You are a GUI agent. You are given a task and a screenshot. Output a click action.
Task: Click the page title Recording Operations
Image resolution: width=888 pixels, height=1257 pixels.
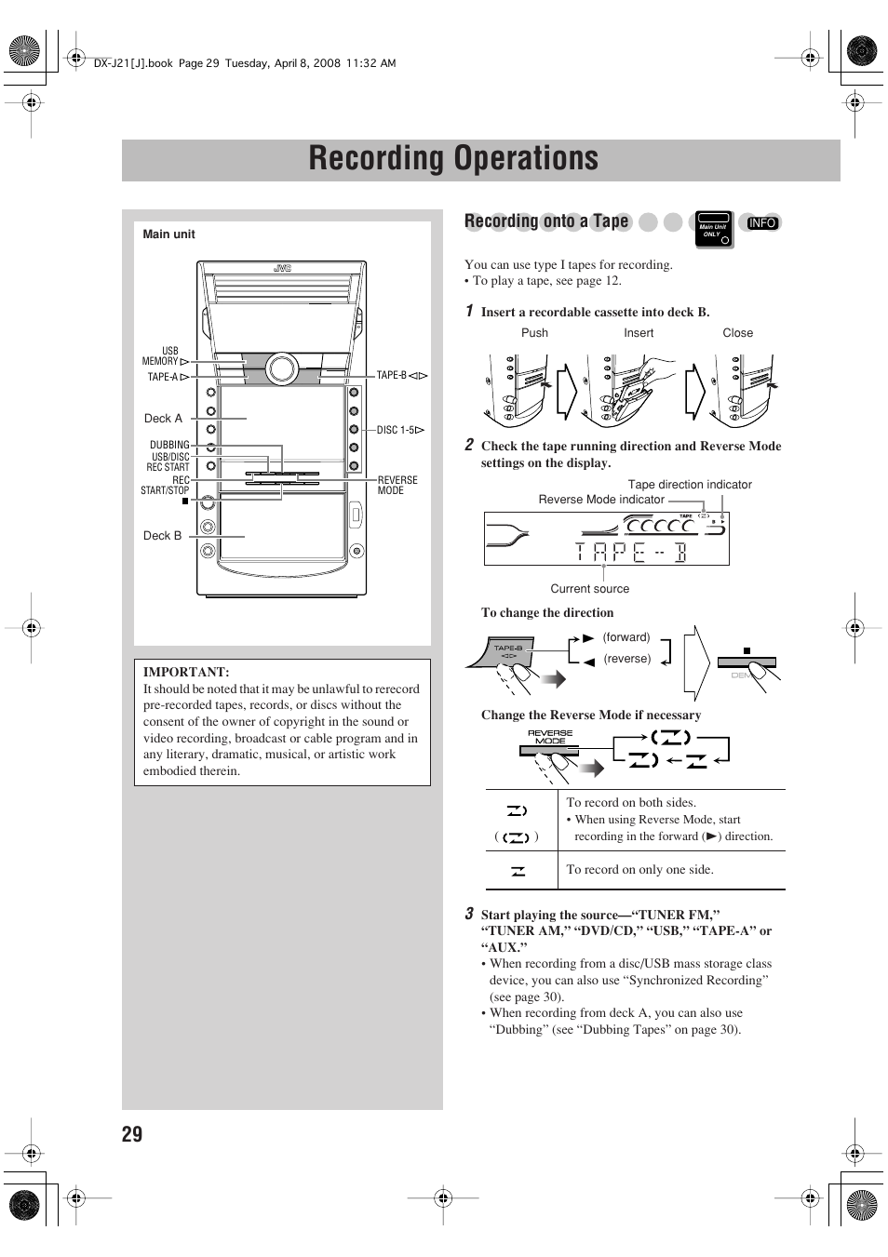tap(453, 159)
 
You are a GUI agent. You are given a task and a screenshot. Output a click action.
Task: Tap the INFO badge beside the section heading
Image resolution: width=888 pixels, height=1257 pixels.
tap(761, 223)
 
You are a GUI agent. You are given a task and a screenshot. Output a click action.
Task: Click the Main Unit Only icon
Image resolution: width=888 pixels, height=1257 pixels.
tap(714, 230)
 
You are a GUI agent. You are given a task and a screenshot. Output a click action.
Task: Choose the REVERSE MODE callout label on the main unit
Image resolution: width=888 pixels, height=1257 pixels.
tap(397, 485)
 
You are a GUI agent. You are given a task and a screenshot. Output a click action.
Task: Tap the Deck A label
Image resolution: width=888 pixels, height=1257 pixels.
tap(163, 419)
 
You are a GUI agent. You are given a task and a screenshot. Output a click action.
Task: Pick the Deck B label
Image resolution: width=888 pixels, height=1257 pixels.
tap(162, 536)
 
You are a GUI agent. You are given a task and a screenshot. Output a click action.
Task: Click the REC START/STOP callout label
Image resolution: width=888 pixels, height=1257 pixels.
tap(166, 485)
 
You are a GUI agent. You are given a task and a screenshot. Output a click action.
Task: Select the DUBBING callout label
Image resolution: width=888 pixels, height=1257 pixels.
tap(169, 445)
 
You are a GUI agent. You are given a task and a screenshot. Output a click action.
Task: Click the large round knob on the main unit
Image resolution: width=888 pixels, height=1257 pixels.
tap(280, 368)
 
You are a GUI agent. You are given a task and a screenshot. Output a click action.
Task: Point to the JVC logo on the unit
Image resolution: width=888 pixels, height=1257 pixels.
tap(282, 269)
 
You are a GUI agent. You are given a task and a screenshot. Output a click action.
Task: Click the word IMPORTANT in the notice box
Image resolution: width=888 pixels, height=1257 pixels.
tap(186, 672)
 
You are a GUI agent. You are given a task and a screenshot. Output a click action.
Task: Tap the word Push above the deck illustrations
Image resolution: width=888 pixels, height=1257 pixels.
tap(534, 333)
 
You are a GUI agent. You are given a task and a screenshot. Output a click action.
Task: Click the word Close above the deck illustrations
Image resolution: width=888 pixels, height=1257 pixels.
tap(737, 333)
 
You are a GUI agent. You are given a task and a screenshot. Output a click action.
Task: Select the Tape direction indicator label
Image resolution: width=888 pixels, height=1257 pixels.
tap(690, 485)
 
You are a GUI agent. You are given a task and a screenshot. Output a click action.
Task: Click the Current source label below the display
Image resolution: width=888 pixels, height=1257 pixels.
tap(589, 589)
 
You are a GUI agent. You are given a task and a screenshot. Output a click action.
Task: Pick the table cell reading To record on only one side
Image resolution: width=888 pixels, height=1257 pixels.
tap(639, 870)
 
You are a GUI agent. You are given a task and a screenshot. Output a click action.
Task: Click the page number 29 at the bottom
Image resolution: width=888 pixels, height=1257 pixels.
tap(132, 1133)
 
